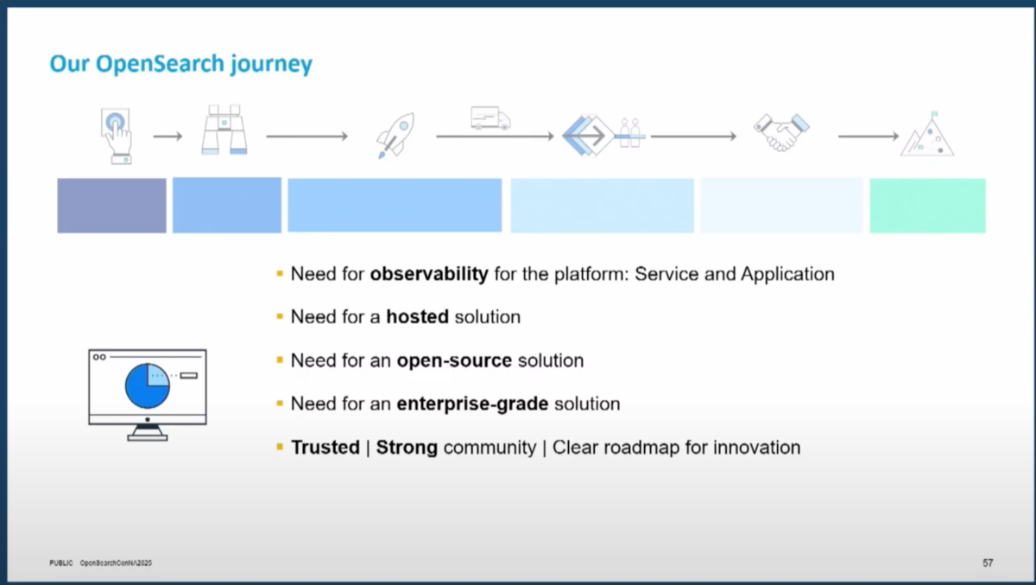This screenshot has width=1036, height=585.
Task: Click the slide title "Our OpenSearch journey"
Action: point(180,63)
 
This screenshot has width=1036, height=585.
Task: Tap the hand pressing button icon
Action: point(117,136)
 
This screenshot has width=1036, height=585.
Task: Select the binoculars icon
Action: point(224,130)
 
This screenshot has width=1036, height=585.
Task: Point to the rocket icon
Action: point(395,135)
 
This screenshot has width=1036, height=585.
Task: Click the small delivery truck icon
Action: point(490,118)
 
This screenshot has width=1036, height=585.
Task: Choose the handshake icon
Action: point(781,132)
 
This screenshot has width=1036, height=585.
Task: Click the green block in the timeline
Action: point(927,206)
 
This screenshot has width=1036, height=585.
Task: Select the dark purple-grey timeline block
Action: point(111,206)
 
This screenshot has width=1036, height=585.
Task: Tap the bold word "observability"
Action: point(429,274)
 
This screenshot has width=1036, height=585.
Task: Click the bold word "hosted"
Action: point(417,317)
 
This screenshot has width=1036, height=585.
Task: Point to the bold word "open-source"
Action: point(454,360)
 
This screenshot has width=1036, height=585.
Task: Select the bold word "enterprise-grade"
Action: point(472,404)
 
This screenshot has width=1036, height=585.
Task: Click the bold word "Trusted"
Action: point(325,448)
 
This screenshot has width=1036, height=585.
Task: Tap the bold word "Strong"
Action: point(407,448)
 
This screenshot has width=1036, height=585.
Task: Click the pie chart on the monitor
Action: point(147,385)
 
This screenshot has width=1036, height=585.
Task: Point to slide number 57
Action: point(988,563)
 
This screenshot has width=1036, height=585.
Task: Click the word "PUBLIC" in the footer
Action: point(61,563)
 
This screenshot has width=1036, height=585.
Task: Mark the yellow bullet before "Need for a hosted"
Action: point(280,316)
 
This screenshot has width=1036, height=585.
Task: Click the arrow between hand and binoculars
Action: point(167,136)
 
